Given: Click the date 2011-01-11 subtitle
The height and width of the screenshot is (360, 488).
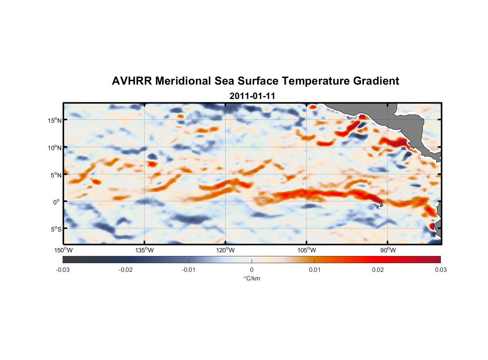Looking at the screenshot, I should tap(252, 96).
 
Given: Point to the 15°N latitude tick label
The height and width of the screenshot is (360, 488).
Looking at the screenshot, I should tap(55, 120).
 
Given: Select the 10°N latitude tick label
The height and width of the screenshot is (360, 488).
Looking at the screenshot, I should tap(55, 148).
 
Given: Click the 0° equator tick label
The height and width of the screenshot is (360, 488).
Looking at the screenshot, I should tap(57, 202).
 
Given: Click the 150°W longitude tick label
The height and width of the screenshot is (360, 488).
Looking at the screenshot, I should tap(63, 250).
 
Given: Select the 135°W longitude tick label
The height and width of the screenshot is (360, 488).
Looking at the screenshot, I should tap(144, 250).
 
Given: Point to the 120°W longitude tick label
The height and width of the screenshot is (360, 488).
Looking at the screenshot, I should tap(225, 250).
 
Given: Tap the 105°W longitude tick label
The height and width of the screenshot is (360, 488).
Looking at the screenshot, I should tap(307, 250).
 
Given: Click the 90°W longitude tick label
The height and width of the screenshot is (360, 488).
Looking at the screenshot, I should tap(388, 250).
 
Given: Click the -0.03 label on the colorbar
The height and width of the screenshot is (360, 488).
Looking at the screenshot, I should tap(63, 270).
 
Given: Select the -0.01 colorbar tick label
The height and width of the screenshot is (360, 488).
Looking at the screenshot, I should tap(188, 270).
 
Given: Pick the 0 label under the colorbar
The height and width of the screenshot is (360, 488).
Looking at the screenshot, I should tap(252, 270).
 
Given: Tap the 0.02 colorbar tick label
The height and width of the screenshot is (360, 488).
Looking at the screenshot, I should tap(378, 270).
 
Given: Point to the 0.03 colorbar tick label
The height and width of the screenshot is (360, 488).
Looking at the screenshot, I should tap(440, 270).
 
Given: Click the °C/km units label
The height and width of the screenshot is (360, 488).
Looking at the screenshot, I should tap(252, 278).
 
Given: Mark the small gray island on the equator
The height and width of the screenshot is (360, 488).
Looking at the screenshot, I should tap(381, 204).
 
